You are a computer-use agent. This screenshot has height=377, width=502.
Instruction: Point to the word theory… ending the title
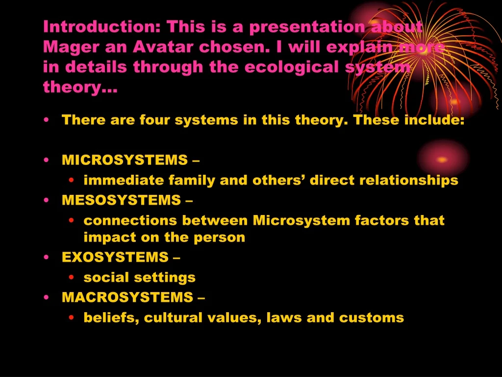[x=80, y=87]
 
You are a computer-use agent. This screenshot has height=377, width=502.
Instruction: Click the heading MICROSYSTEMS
[x=125, y=160]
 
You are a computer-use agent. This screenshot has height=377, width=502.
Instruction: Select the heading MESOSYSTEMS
[x=121, y=200]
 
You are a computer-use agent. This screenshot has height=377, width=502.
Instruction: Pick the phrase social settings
[x=139, y=277]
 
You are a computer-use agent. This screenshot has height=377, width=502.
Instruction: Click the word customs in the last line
[x=372, y=318]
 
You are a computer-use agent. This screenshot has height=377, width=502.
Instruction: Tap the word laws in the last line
[x=284, y=318]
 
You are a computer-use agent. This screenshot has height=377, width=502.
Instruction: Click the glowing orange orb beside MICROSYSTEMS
[x=442, y=160]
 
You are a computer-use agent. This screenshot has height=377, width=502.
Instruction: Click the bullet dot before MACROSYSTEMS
[x=46, y=297]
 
